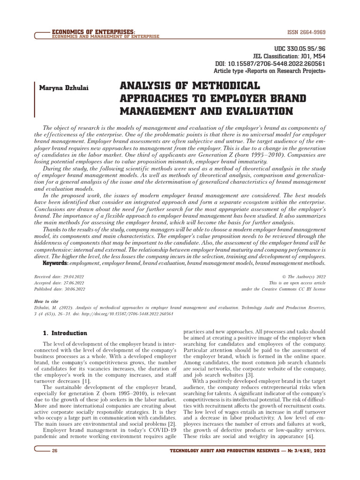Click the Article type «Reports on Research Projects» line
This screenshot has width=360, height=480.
point(270,71)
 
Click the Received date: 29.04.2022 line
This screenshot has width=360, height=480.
point(60,277)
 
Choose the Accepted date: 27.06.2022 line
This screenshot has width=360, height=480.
point(60,283)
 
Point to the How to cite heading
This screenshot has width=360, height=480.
point(48,301)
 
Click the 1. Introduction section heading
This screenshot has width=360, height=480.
point(65,333)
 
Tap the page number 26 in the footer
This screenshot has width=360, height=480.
point(55,450)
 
